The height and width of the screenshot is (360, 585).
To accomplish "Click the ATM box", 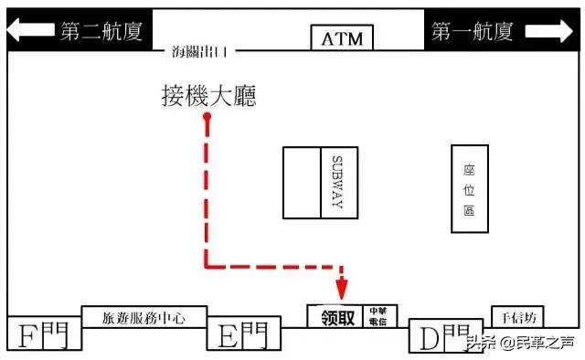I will [343, 39].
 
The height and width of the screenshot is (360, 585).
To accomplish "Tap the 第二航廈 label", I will [101, 32].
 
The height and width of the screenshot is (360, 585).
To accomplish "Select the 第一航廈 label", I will [473, 32].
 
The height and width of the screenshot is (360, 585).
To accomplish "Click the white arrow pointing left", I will [32, 32].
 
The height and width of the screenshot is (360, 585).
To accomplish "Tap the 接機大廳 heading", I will [208, 95].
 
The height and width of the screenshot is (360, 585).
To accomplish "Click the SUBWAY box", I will [337, 182].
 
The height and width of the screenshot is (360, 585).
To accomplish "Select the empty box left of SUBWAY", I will [302, 182].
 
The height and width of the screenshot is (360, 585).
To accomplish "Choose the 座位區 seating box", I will [470, 188].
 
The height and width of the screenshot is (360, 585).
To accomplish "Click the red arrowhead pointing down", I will [341, 290].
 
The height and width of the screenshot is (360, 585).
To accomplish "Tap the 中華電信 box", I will [377, 316].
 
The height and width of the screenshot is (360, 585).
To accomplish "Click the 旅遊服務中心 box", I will [144, 318].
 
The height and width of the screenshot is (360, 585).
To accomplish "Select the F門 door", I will [43, 334].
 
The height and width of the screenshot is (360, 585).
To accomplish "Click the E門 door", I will [243, 335].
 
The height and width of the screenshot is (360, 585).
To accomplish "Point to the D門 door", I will [442, 335].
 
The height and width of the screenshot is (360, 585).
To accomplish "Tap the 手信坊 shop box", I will [518, 317].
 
